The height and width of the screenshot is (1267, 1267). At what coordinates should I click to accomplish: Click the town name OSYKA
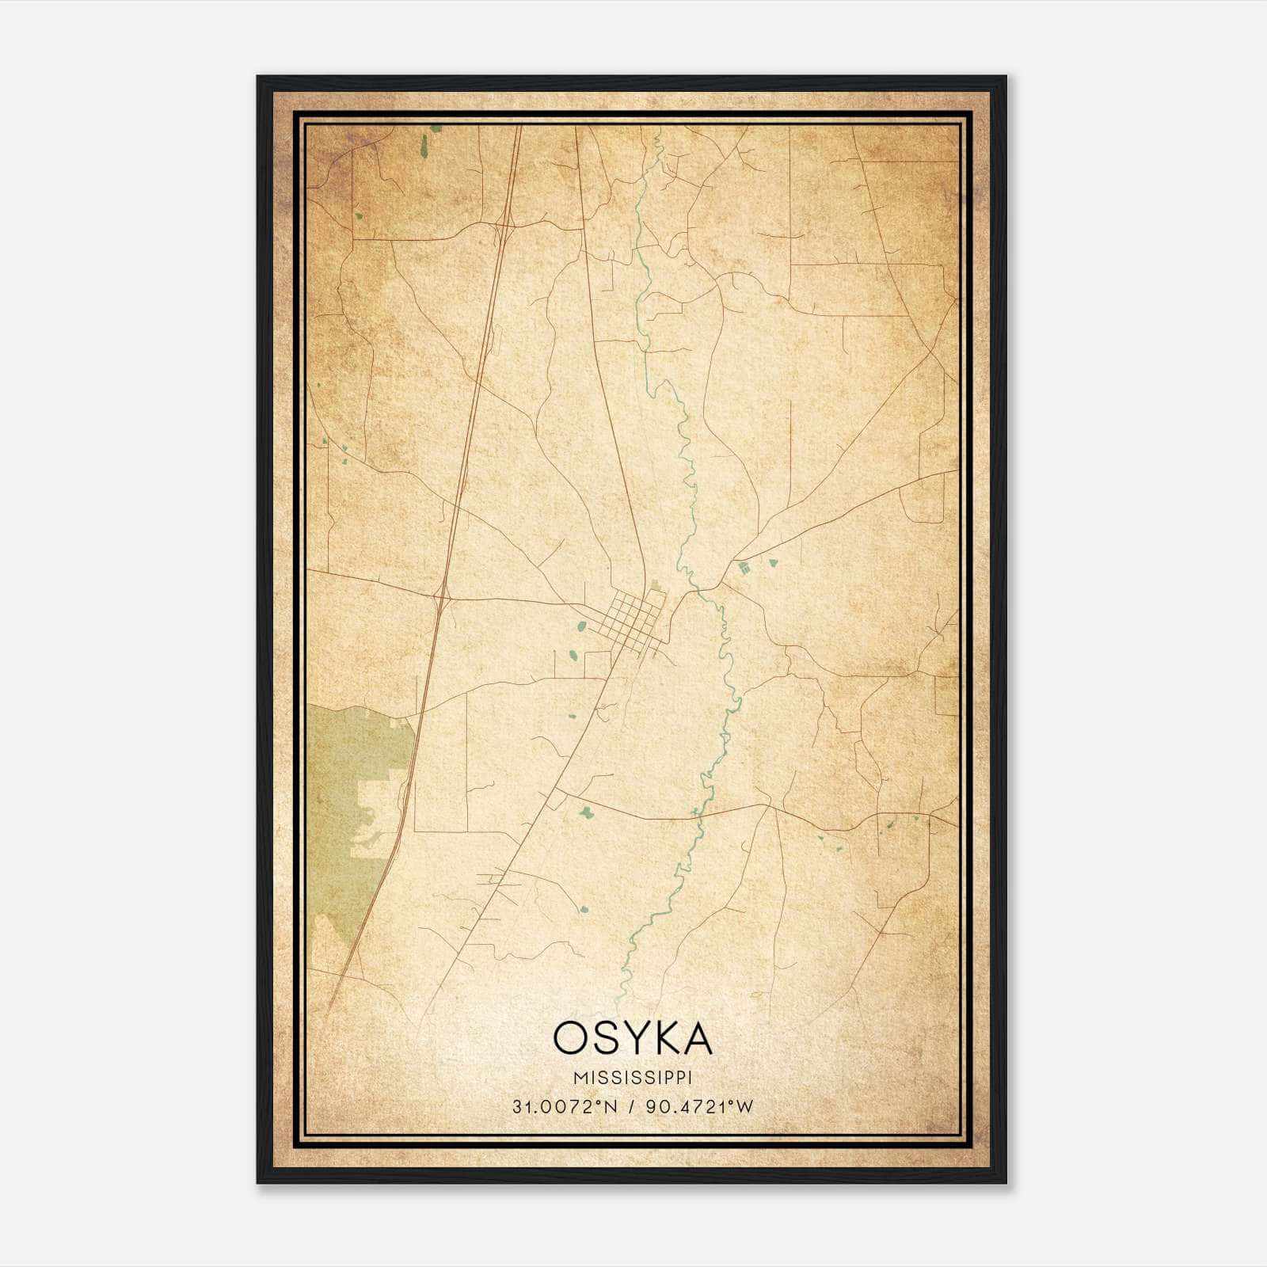coord(633,1038)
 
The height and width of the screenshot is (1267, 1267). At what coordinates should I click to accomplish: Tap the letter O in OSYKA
coord(569,1038)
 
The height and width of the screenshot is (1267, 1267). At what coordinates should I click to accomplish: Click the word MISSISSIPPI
coord(633,1079)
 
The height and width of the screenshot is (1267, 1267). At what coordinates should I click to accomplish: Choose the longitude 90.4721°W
coord(700,1107)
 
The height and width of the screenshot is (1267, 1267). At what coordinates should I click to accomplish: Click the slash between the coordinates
coord(632,1107)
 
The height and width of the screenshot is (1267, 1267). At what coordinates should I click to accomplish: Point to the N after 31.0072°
coord(611,1107)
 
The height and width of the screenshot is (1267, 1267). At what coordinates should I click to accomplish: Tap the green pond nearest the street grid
coord(582,626)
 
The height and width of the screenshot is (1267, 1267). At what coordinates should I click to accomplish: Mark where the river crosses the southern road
coord(694,813)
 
